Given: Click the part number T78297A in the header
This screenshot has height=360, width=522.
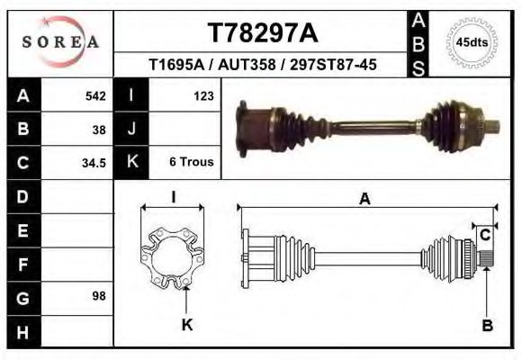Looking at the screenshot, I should (x=263, y=33).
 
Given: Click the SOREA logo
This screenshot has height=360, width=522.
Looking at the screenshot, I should (x=60, y=41).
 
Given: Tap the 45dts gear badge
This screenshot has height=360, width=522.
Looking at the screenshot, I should (x=472, y=41).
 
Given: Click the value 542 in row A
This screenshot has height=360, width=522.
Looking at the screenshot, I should (x=94, y=94).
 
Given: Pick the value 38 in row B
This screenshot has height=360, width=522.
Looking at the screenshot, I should (x=99, y=129).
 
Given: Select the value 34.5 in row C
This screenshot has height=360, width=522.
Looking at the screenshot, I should (x=94, y=163).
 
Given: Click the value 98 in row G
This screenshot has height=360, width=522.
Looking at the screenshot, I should (x=99, y=296).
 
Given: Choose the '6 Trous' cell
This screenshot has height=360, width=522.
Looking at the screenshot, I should (x=191, y=163).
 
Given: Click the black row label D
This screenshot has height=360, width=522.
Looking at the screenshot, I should (x=23, y=196).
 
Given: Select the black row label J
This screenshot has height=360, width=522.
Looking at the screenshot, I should (x=131, y=129).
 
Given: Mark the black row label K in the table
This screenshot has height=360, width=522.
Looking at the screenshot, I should (x=131, y=163).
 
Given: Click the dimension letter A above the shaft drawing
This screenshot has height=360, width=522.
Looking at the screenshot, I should (x=364, y=200).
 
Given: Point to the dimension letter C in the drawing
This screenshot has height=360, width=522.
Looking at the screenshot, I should (x=485, y=235).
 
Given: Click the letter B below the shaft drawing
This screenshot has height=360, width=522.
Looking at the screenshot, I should (x=487, y=326).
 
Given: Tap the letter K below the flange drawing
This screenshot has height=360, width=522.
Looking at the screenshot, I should (x=187, y=325).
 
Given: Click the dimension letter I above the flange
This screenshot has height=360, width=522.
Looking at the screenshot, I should (x=173, y=196).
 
